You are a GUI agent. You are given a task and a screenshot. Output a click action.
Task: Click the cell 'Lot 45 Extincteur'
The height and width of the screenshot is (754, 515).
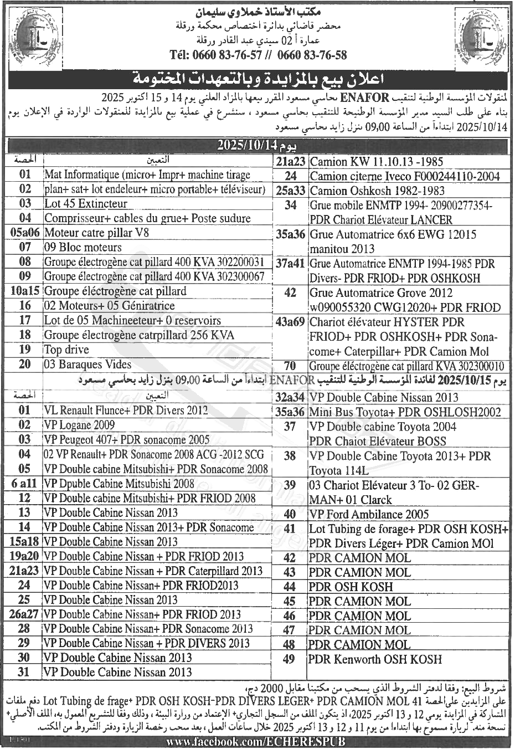tap(86, 204)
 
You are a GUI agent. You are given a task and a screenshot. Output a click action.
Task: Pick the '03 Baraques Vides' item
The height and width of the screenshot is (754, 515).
tap(88, 365)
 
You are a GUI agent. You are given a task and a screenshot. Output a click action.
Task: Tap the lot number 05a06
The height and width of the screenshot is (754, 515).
tap(25, 233)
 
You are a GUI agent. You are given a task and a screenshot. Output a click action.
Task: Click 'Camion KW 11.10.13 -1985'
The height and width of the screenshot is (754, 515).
tap(377, 162)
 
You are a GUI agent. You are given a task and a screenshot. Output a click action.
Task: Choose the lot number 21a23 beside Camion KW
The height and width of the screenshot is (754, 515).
tap(291, 162)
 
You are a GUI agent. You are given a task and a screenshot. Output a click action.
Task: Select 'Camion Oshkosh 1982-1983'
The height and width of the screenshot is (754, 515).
tap(377, 191)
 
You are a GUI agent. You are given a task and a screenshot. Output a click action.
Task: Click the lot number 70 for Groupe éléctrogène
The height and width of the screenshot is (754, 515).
tap(290, 366)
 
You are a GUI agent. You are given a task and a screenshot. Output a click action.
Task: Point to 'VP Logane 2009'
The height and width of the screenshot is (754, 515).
tap(80, 425)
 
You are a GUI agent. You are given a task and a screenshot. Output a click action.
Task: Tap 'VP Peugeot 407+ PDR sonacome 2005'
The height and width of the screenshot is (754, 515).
tap(127, 440)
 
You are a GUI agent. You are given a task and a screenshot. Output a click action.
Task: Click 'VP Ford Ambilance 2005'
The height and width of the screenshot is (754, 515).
tap(369, 514)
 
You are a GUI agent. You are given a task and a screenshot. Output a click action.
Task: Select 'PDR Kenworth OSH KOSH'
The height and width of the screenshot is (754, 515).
tap(375, 659)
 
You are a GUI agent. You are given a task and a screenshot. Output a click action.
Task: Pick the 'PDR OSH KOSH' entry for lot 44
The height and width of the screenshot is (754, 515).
tap(351, 587)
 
